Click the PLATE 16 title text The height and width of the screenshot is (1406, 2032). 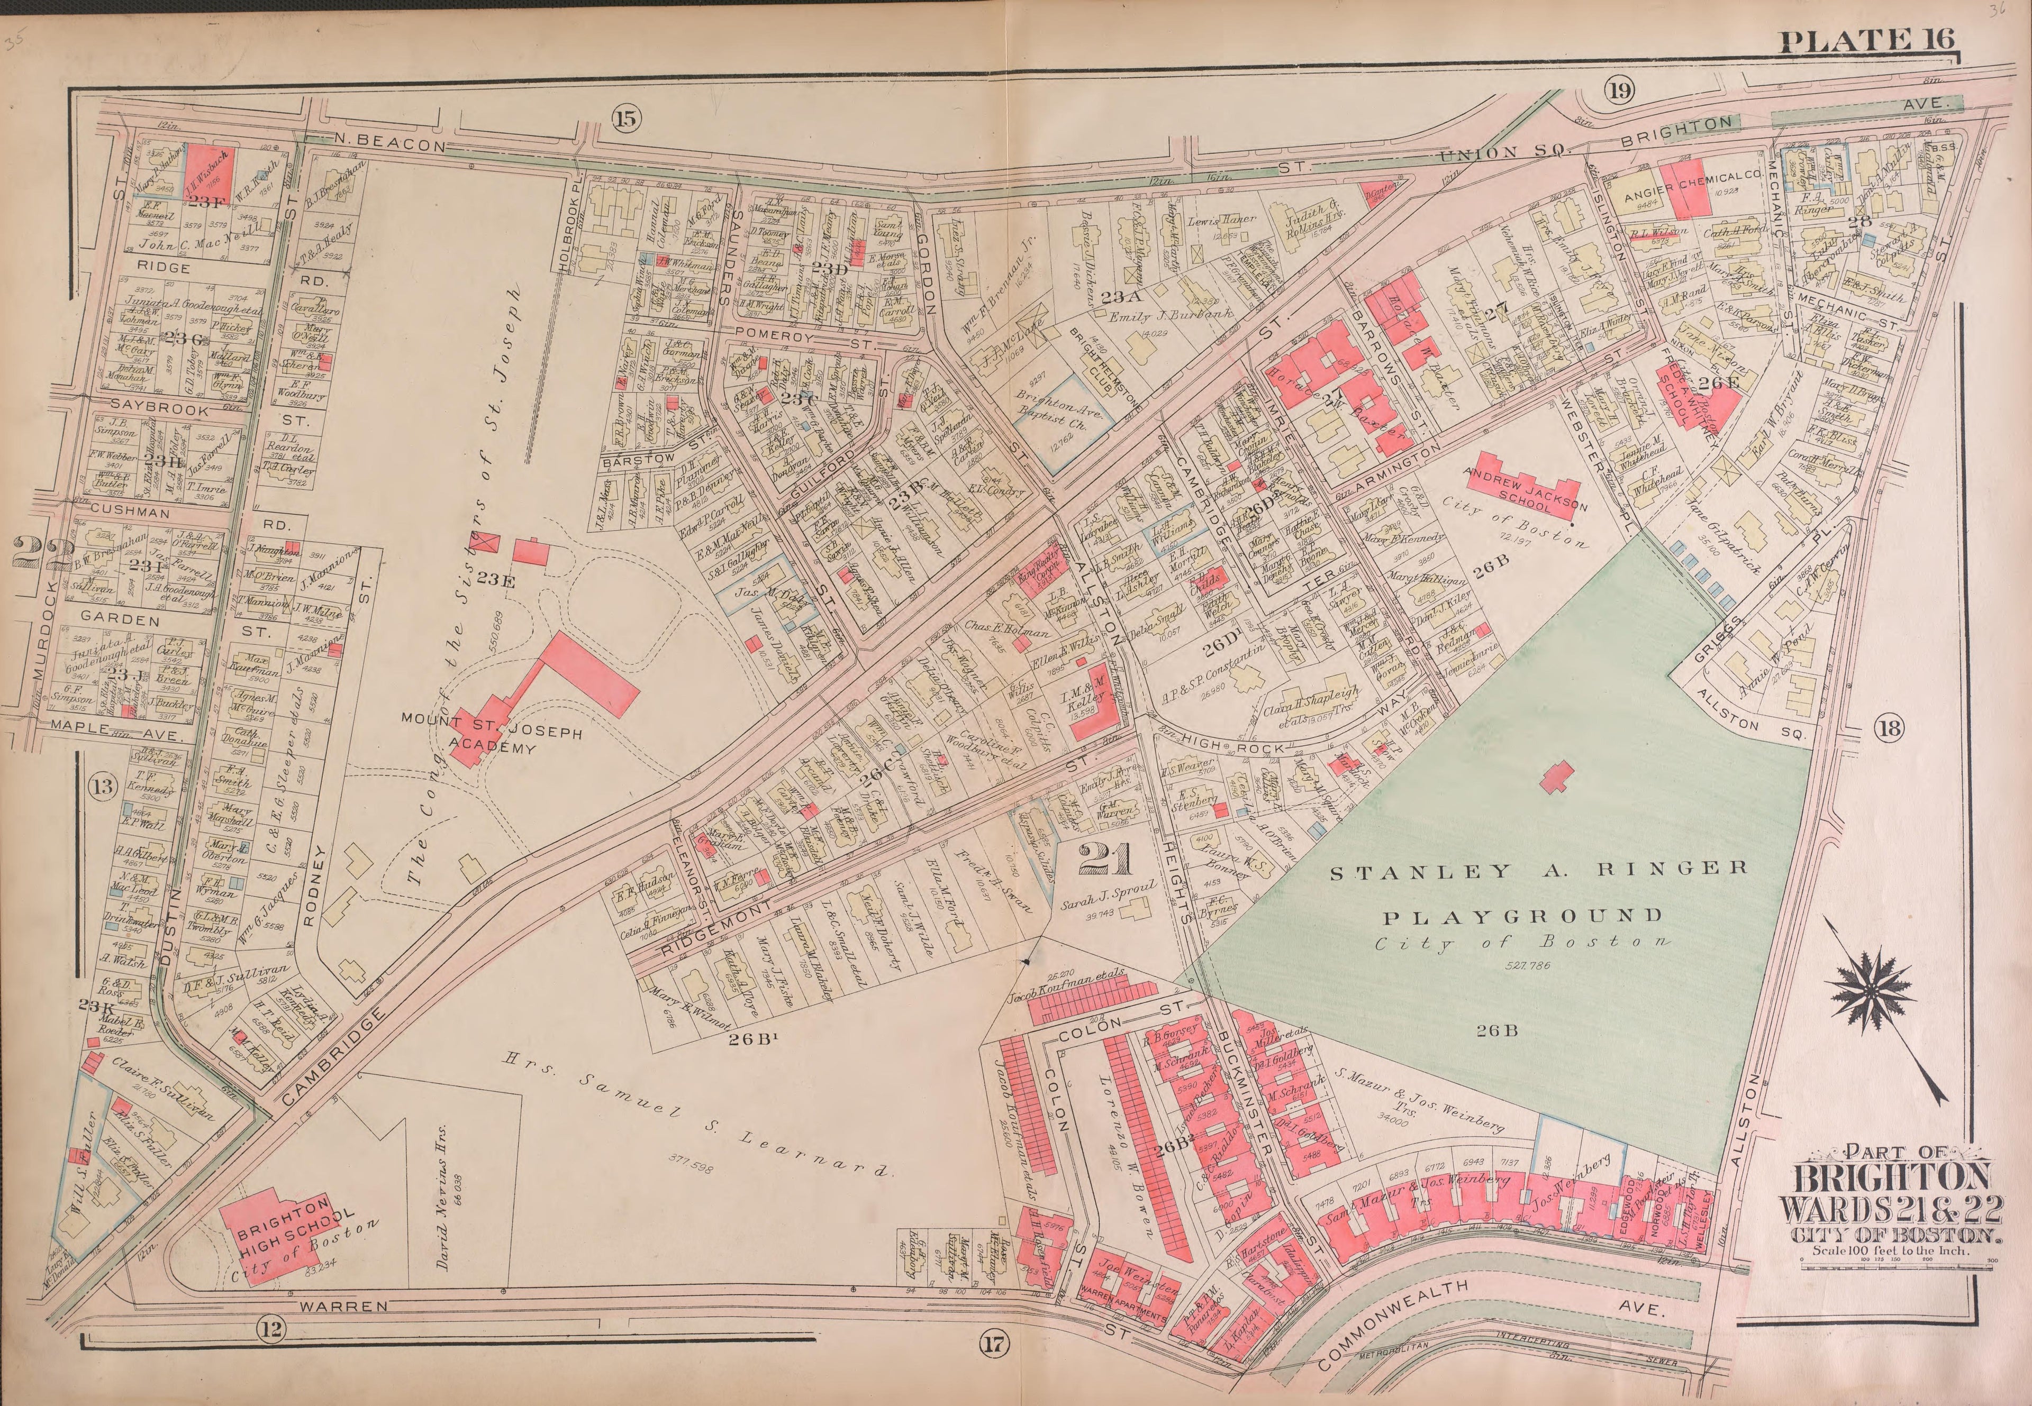click(1866, 41)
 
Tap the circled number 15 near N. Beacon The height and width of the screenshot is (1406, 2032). click(624, 118)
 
